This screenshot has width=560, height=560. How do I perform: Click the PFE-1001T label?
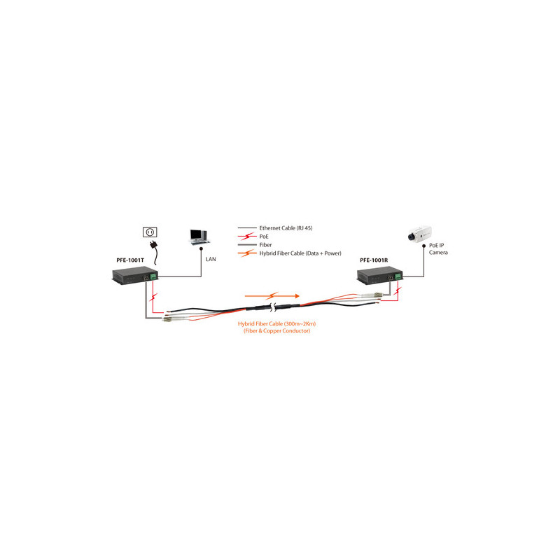click(x=130, y=260)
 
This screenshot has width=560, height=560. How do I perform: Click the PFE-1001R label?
click(x=374, y=260)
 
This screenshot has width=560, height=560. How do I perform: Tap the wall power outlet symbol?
click(x=150, y=232)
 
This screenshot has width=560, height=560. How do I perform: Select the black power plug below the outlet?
click(x=155, y=246)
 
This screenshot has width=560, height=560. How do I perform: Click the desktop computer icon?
click(x=199, y=237)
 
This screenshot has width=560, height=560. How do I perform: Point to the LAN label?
click(x=211, y=259)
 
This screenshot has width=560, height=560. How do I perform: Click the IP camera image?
click(x=419, y=234)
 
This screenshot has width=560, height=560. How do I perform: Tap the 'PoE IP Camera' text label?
click(x=438, y=249)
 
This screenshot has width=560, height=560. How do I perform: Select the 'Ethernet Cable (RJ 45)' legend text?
click(x=286, y=228)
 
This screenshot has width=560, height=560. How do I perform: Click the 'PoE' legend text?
click(x=264, y=237)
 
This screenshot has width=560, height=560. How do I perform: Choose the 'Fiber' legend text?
click(x=265, y=244)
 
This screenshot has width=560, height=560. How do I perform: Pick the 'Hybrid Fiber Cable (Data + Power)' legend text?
click(x=300, y=253)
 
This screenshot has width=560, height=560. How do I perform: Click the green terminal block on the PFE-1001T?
click(x=153, y=276)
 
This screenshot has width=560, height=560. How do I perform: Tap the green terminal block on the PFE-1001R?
click(x=398, y=276)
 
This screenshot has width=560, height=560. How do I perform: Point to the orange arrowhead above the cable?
click(x=297, y=296)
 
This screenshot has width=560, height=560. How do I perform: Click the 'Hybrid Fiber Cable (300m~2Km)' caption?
click(x=276, y=323)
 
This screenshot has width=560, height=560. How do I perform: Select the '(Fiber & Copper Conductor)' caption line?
click(x=276, y=330)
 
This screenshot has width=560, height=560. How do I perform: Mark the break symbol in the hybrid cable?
click(x=274, y=307)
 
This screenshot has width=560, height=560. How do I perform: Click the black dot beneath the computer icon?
click(x=201, y=248)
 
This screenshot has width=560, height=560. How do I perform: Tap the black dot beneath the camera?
click(x=424, y=246)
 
